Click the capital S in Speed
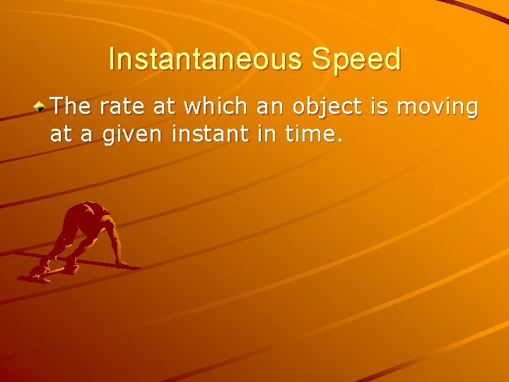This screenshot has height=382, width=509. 320,59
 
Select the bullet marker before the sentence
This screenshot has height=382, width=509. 41,107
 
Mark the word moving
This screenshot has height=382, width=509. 438,108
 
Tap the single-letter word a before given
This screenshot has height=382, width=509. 86,133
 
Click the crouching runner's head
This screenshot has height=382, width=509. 90,211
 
